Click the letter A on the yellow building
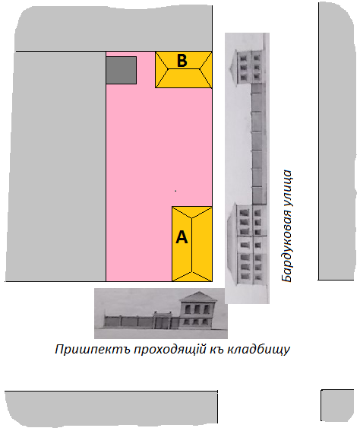coord(182,237)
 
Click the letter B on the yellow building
coord(182,60)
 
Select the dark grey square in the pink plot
coord(121,70)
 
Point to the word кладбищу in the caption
coord(258,350)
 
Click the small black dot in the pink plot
coord(175,191)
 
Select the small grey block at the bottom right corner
coord(337,405)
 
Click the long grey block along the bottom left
coord(111,407)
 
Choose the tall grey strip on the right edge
coord(336,141)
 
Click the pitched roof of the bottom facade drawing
coord(198,296)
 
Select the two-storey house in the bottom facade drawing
coord(197,310)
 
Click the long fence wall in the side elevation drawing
coord(258,144)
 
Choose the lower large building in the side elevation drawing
coord(248,244)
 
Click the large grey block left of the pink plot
coord(56,166)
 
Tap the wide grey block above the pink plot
coord(113,28)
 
